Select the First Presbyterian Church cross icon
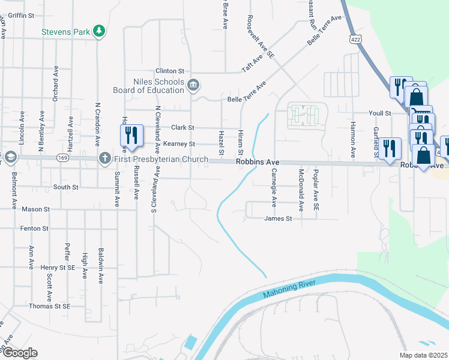(104, 158)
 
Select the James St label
(278, 219)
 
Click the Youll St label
(379, 113)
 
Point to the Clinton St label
(168, 71)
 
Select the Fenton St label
(34, 229)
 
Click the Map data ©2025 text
(423, 355)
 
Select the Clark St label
(182, 127)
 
